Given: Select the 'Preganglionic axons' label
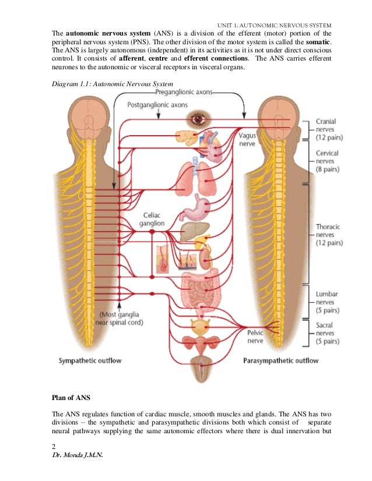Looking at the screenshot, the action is coord(184,92).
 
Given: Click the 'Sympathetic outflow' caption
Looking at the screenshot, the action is coord(90,360).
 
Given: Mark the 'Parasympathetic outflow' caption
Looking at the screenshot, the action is coord(280,360).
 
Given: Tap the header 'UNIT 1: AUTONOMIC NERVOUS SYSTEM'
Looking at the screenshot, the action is coord(274,25).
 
